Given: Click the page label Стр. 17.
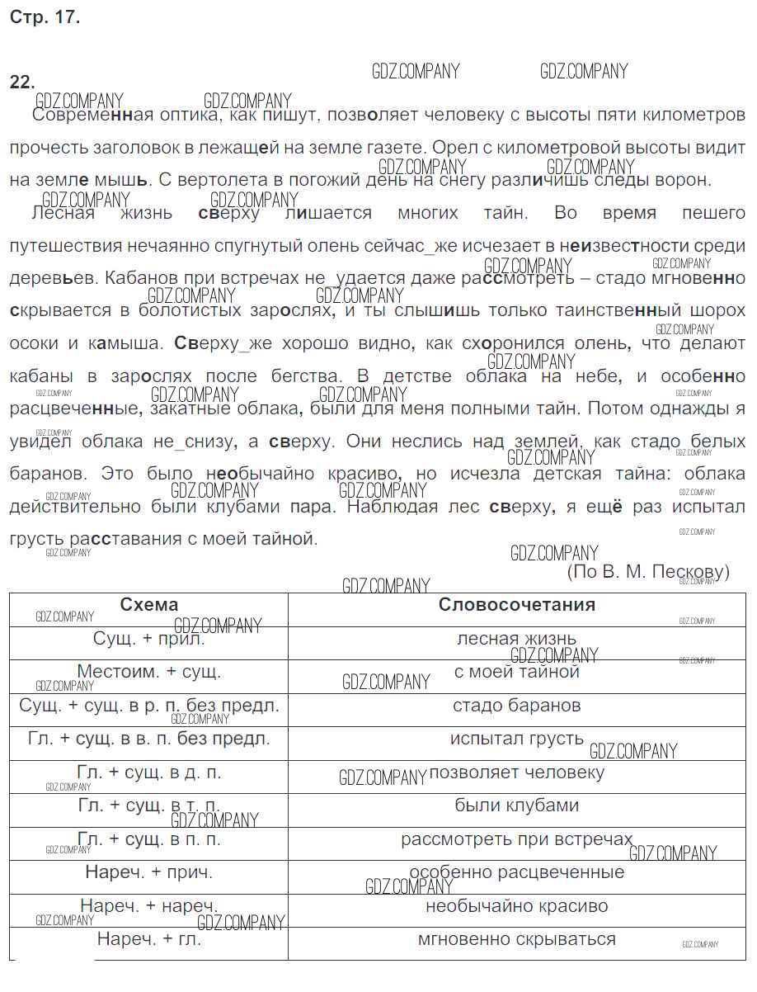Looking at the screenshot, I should pos(45,17).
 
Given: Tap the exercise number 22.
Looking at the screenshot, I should pos(22,81).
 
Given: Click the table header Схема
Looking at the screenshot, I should pos(148,605).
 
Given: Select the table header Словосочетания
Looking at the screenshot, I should pos(517,605).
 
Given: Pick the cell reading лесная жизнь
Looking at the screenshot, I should pos(517,638).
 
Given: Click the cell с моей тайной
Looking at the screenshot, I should pos(517,672).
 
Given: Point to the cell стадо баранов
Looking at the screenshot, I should pos(517,706).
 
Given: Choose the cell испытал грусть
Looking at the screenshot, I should pos(517,739).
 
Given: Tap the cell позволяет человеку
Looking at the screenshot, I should pos(517,773).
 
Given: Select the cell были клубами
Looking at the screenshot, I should pos(517,805).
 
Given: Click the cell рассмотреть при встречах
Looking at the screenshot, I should pos(517,840).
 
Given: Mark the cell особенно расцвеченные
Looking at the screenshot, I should pos(517,872).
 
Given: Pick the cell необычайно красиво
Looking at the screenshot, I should pos(517,906).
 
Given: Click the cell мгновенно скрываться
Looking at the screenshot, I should pos(517,939).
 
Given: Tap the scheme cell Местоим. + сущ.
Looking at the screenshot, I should pos(148,672).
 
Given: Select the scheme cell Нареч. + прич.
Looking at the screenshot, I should pos(148,872).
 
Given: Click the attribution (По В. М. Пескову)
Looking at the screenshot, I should pos(648,571).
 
